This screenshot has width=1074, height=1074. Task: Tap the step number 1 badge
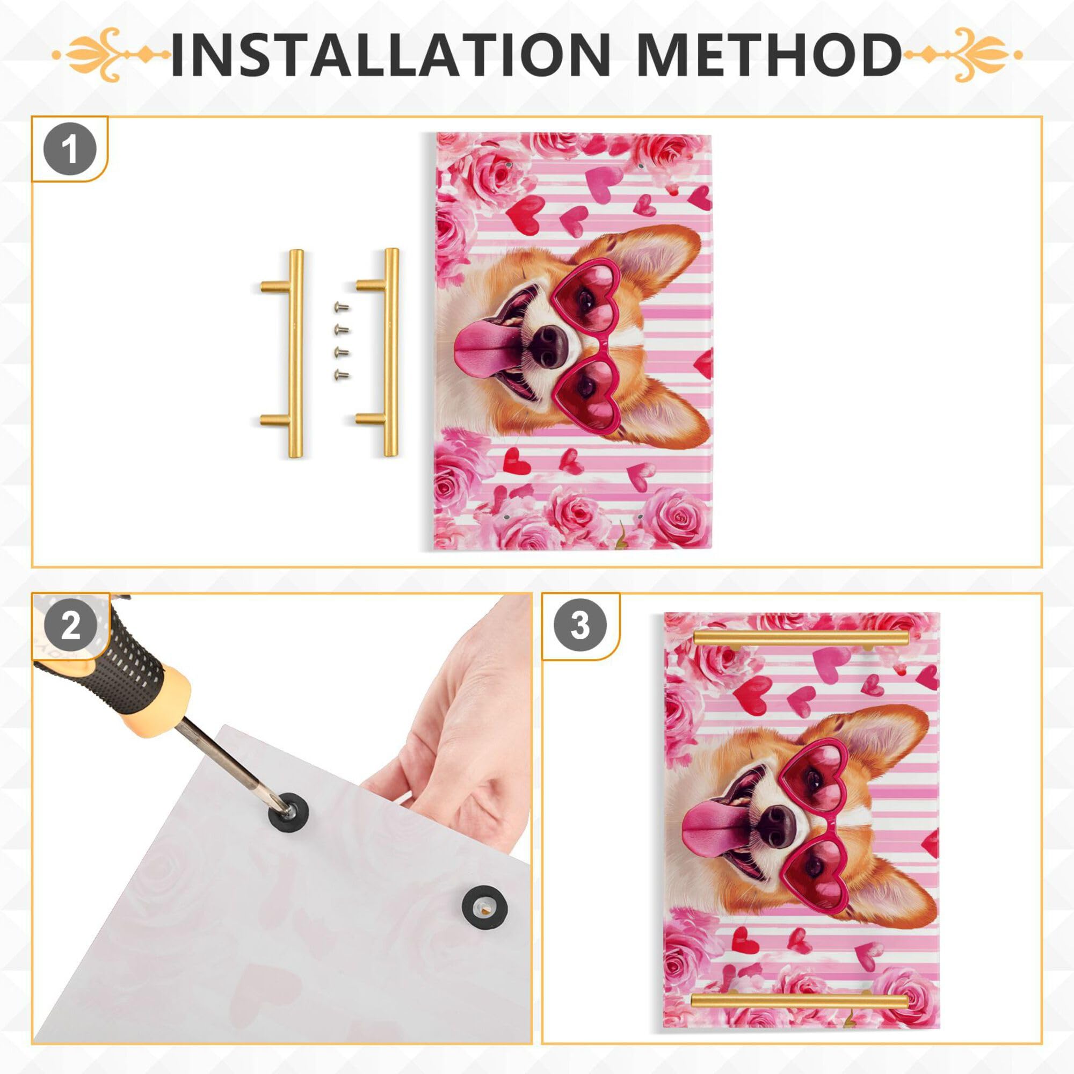pos(70,150)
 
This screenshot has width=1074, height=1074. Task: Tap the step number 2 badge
pos(70,627)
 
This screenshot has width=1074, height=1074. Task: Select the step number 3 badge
pos(580,627)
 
